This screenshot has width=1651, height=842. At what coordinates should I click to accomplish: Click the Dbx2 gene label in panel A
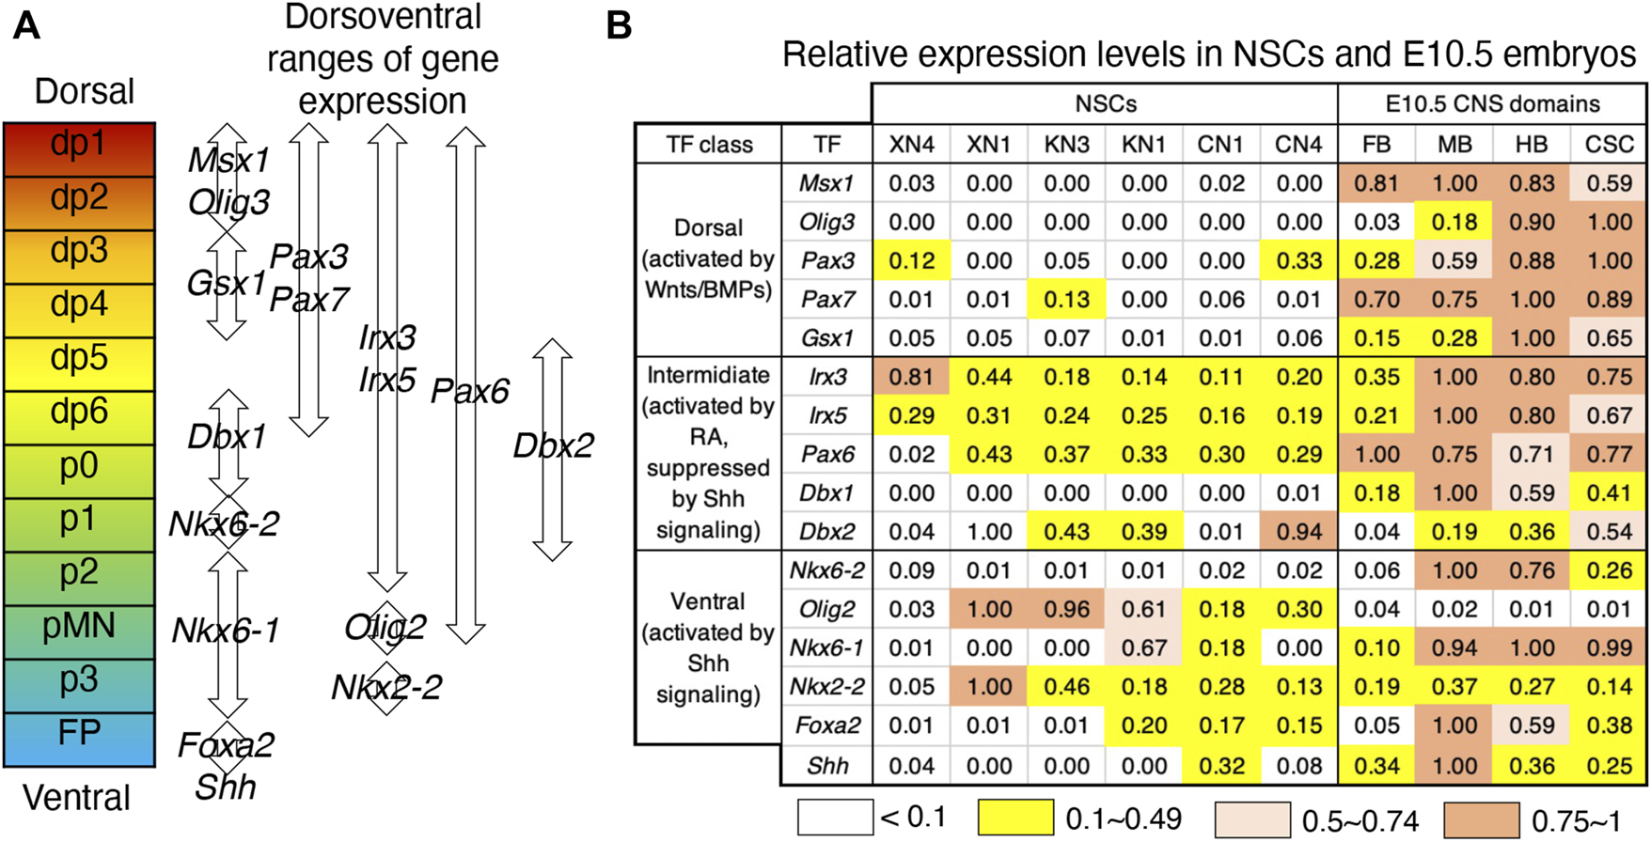click(x=553, y=445)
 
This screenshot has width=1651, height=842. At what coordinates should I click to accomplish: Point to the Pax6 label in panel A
click(x=469, y=392)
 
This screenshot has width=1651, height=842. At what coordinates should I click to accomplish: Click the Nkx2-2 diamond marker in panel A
click(x=386, y=688)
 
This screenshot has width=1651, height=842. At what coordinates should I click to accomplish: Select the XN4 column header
click(x=911, y=145)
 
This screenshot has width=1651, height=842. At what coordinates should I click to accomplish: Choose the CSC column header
click(x=1609, y=145)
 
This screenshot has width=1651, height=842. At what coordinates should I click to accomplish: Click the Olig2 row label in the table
click(x=826, y=610)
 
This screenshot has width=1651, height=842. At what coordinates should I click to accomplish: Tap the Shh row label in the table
click(x=826, y=766)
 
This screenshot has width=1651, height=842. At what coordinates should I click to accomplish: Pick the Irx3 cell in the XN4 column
click(x=911, y=377)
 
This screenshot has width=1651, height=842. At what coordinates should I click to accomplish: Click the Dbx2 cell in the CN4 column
click(x=1298, y=532)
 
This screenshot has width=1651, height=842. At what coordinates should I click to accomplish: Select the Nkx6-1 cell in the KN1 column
click(x=1143, y=648)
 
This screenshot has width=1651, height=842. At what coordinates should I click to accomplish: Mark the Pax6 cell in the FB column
click(x=1376, y=455)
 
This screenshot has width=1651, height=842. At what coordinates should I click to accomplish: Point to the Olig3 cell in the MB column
click(x=1454, y=223)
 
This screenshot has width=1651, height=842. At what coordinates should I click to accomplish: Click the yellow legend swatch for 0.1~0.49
click(x=1015, y=819)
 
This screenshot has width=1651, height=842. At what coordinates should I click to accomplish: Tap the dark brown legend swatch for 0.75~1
click(x=1481, y=819)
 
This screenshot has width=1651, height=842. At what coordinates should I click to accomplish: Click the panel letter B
click(x=619, y=25)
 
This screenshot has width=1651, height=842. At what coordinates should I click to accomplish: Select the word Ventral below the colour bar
click(x=76, y=799)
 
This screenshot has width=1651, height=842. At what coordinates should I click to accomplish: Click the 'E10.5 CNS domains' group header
click(x=1492, y=104)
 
